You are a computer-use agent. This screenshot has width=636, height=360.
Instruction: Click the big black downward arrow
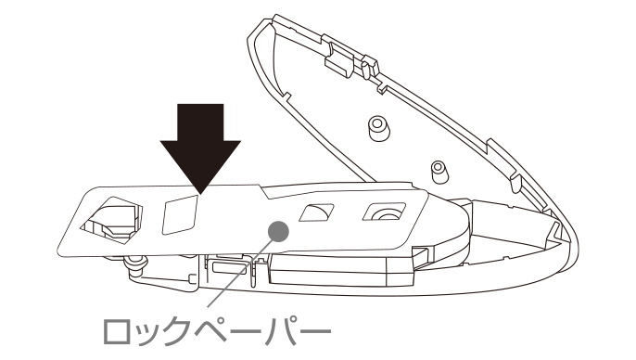(x=200, y=146)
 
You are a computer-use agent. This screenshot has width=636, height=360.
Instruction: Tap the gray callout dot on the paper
(x=278, y=231)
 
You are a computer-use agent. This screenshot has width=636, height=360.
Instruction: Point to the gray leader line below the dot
(x=239, y=274)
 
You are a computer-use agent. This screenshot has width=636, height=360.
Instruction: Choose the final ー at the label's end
(x=316, y=332)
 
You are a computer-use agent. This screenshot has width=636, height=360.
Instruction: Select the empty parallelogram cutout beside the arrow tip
(x=180, y=214)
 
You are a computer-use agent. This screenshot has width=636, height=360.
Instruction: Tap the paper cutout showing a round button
(x=384, y=212)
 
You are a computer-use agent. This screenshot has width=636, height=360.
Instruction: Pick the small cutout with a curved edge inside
(x=316, y=212)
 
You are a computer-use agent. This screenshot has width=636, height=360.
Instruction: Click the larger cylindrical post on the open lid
(x=379, y=128)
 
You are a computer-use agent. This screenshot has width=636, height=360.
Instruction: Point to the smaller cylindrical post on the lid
(x=438, y=172)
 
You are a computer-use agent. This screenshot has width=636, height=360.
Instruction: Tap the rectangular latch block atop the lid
(x=339, y=61)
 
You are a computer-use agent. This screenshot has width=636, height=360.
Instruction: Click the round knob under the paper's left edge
(x=136, y=264)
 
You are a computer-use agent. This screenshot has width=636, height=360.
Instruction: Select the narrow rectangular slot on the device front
(x=229, y=268)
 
